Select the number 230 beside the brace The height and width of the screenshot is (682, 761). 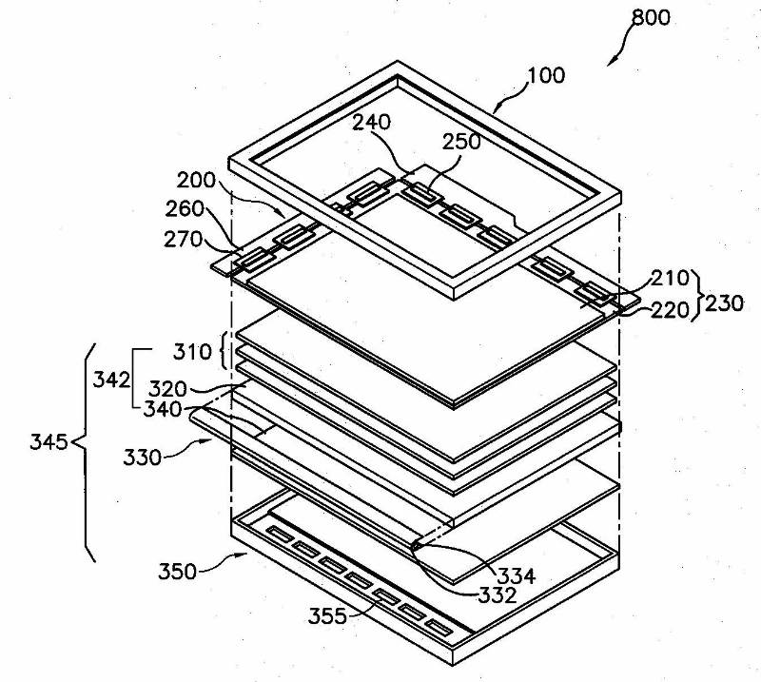(x=724, y=304)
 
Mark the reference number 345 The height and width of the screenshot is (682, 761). (x=49, y=442)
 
